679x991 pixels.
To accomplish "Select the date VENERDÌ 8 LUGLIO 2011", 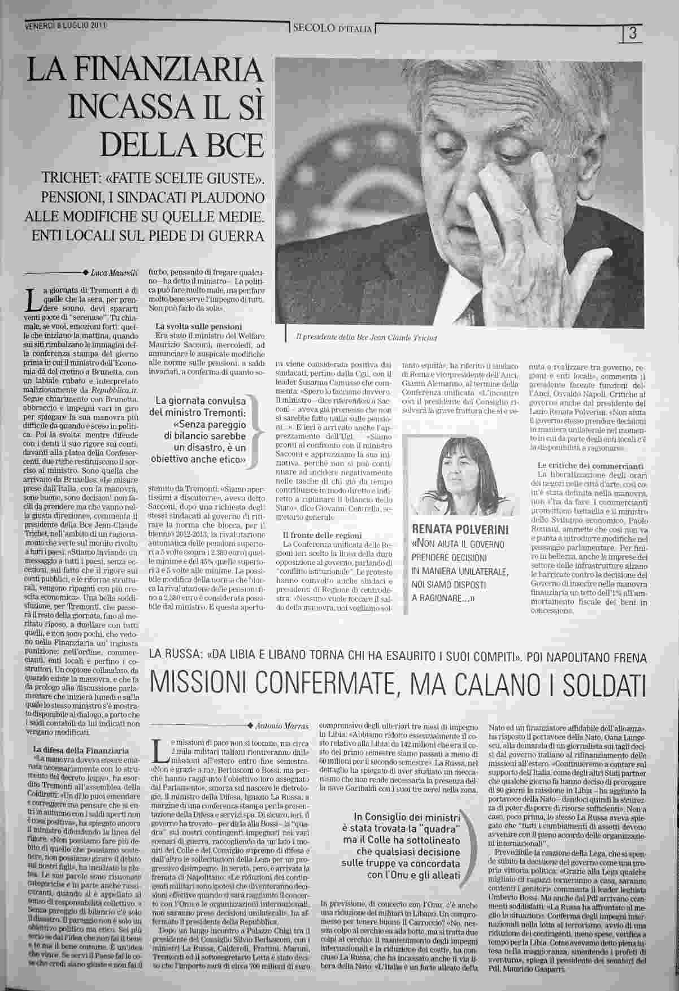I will (66, 25).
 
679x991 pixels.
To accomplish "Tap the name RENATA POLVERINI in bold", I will (460, 530).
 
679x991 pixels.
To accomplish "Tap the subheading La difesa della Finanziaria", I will (81, 750).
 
